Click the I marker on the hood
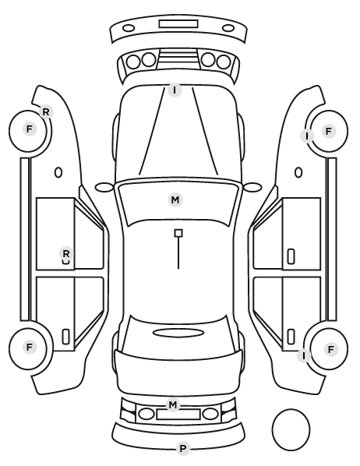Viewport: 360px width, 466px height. (x=175, y=90)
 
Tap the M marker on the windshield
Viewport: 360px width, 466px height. (x=175, y=199)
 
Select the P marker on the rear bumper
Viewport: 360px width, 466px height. (x=183, y=448)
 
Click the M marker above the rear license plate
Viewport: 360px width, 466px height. (x=173, y=404)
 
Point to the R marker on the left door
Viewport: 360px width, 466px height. (x=66, y=254)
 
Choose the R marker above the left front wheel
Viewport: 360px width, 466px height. (x=46, y=112)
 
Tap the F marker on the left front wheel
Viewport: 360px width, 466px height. (x=30, y=129)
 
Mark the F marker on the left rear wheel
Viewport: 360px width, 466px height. (x=30, y=347)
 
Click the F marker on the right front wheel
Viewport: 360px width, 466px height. (x=329, y=131)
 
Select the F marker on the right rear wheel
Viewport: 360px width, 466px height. (x=331, y=349)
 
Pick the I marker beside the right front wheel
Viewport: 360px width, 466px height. (x=307, y=136)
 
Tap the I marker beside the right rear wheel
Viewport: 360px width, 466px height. (x=304, y=355)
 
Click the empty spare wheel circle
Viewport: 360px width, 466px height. (x=272, y=429)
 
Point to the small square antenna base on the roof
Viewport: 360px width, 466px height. (x=178, y=233)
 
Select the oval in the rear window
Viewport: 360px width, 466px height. (x=178, y=334)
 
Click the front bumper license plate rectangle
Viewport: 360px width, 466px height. (x=178, y=24)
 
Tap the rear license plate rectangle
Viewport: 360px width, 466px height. (x=178, y=415)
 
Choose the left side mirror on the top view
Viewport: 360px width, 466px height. (x=104, y=188)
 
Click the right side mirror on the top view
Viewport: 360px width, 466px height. (x=252, y=187)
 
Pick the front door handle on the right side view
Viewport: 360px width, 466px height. (x=291, y=256)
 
